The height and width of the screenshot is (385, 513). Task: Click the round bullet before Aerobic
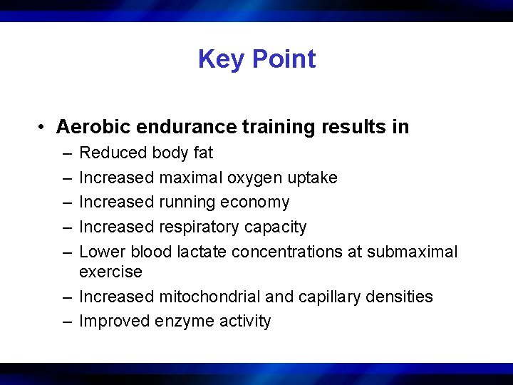point(43,127)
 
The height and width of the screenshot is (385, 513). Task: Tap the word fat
point(202,153)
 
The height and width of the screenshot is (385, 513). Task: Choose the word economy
point(254,202)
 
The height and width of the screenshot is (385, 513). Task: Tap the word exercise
point(110,272)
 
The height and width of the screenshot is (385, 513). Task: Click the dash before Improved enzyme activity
point(66,322)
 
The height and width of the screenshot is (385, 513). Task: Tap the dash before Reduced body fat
point(66,153)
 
